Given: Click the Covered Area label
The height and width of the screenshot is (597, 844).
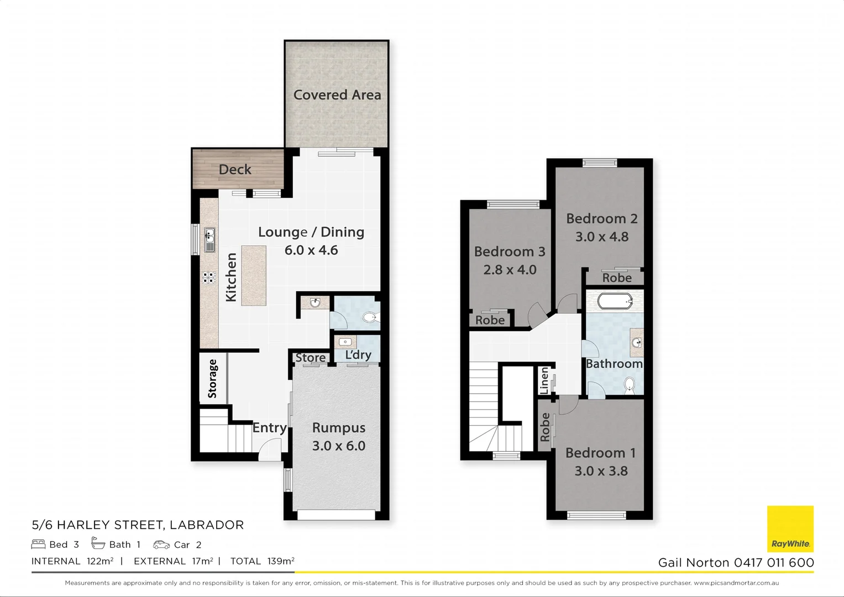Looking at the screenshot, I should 337,95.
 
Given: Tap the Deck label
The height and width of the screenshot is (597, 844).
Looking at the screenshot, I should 235,170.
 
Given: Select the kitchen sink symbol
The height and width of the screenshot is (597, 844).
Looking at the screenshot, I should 209,240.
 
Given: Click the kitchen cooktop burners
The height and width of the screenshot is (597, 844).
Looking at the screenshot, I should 209,277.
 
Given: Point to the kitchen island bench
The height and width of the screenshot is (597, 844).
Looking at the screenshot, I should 254,275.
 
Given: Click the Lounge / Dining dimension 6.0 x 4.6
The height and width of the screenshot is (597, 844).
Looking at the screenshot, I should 311,250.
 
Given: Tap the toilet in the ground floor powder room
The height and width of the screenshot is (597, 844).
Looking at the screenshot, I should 369,318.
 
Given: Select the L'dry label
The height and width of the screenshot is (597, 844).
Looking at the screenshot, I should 358,355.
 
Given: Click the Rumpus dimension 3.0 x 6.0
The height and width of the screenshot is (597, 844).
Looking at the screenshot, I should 338,446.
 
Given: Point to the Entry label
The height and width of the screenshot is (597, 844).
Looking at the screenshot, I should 270,428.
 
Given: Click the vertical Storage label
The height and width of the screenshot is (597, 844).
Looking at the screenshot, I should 212,379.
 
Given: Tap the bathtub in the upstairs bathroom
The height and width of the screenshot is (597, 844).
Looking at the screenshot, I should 615,301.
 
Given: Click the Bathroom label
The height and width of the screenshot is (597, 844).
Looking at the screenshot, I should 614,364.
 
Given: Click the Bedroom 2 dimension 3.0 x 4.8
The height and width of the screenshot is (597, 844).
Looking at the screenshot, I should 602,237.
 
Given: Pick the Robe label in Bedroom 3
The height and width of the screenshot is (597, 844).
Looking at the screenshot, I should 490,320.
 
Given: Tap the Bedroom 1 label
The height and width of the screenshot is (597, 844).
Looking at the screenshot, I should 600,453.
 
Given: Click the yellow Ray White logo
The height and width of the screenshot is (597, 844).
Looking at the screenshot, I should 790,528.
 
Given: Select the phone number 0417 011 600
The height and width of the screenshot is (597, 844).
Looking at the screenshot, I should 774,563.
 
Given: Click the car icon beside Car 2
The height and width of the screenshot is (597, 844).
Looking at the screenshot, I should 161,545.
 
